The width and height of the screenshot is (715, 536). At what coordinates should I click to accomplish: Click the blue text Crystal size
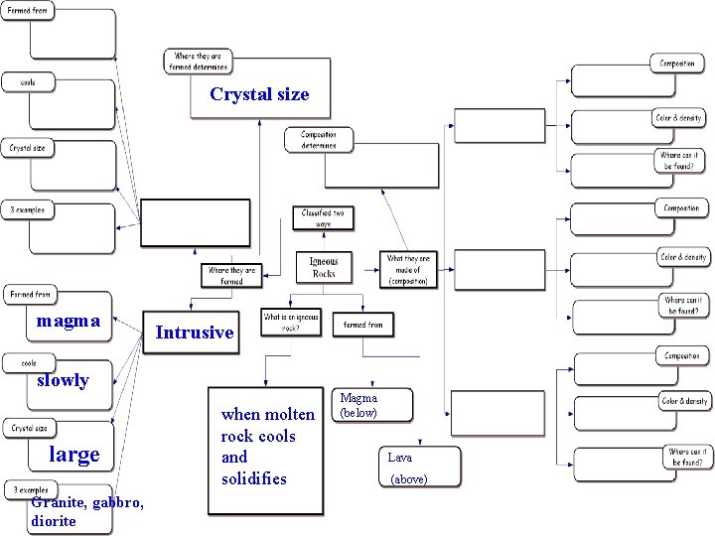click(259, 95)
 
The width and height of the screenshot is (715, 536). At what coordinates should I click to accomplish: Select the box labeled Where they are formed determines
click(200, 62)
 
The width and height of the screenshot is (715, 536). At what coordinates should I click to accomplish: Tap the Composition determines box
click(318, 140)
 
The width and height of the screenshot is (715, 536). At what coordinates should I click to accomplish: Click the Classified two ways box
click(325, 218)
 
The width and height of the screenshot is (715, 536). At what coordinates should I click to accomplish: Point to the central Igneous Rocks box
click(324, 267)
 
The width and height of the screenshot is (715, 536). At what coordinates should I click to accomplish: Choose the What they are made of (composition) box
click(409, 270)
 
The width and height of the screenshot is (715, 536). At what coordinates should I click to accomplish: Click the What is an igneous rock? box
click(291, 322)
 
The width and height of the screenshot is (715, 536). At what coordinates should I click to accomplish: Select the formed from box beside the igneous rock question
click(362, 324)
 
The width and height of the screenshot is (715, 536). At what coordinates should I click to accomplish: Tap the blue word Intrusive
click(195, 333)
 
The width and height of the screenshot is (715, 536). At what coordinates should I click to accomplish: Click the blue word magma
click(68, 321)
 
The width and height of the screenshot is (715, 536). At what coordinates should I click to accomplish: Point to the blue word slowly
click(63, 380)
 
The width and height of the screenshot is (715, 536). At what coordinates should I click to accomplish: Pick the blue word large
click(74, 455)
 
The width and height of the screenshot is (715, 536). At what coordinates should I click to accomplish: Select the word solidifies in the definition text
click(253, 478)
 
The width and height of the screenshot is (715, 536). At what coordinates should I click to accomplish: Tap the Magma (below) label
click(358, 404)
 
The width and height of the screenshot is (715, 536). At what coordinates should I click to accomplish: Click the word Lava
click(399, 458)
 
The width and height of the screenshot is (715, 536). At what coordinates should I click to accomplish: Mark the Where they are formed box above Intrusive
click(231, 275)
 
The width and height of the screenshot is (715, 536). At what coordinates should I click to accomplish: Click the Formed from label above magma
click(30, 295)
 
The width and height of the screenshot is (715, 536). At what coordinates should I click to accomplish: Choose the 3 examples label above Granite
click(31, 489)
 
